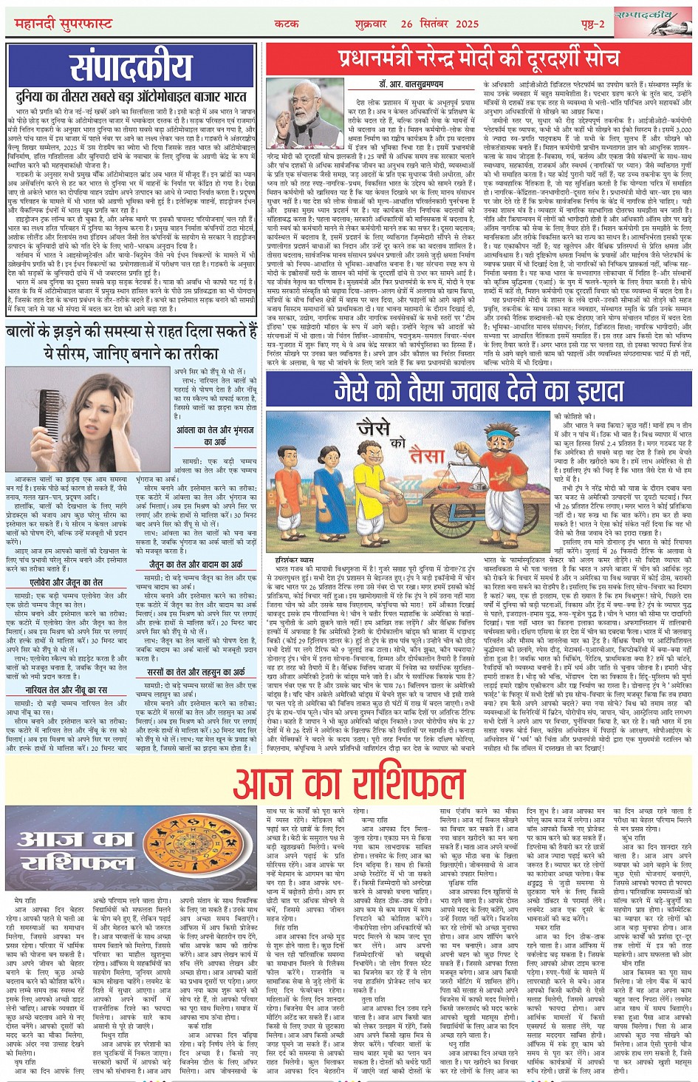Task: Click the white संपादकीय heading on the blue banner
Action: pos(131,67)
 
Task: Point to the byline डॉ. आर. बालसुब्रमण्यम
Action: pos(400,85)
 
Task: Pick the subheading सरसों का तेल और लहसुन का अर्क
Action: pos(195,672)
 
